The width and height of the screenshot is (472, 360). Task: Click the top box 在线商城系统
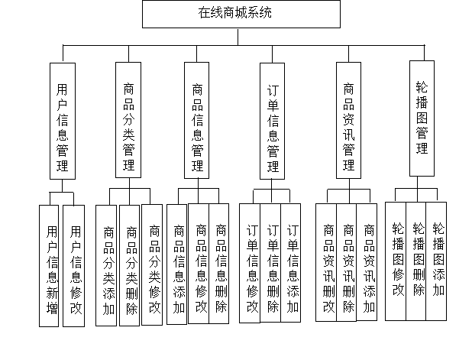(241, 14)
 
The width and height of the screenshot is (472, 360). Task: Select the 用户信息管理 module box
(63, 121)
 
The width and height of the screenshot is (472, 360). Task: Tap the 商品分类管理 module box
(129, 121)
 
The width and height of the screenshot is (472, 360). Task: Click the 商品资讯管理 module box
(349, 121)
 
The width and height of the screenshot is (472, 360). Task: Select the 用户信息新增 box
(51, 266)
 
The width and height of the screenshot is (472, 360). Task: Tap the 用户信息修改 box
(75, 266)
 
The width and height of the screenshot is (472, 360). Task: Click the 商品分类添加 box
(108, 266)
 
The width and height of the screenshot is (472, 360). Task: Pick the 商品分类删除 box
(131, 266)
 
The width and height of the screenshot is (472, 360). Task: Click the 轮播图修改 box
(397, 260)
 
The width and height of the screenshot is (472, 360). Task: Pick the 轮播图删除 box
(418, 260)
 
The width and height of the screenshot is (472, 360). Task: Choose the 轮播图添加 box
(438, 260)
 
